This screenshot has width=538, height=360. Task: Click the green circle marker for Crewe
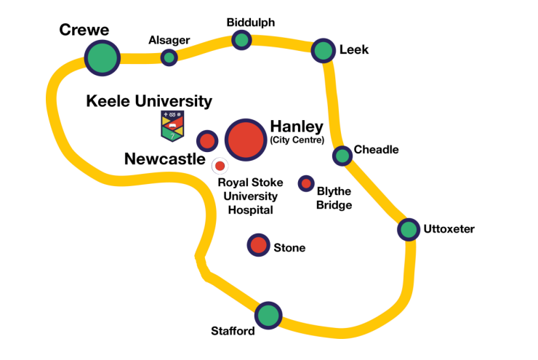[x=102, y=57]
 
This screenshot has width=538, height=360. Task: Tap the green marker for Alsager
[x=169, y=57]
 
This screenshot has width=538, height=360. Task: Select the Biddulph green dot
[x=242, y=40]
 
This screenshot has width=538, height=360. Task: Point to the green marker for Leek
[x=323, y=50]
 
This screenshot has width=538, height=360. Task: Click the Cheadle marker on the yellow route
[x=342, y=155]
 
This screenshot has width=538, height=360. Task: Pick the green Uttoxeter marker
[x=409, y=230]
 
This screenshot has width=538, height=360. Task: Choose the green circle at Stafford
[x=268, y=316]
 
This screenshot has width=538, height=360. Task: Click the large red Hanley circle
[x=245, y=139]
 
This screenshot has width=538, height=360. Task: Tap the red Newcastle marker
[x=207, y=140]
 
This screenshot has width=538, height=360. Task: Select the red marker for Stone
[x=258, y=245]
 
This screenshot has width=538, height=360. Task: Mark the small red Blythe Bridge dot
[x=306, y=183]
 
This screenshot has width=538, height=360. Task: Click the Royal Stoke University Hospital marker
[x=220, y=166]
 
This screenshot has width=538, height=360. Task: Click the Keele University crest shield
[x=172, y=126]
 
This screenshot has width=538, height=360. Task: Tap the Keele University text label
[x=149, y=101]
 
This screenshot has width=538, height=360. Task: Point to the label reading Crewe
[x=84, y=30]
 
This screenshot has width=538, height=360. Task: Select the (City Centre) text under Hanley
[x=297, y=140]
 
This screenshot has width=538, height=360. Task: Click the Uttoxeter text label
[x=449, y=229]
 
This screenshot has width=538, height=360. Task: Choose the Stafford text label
[x=233, y=332]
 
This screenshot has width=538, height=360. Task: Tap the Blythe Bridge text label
[x=334, y=199]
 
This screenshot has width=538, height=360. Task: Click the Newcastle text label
[x=165, y=159]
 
